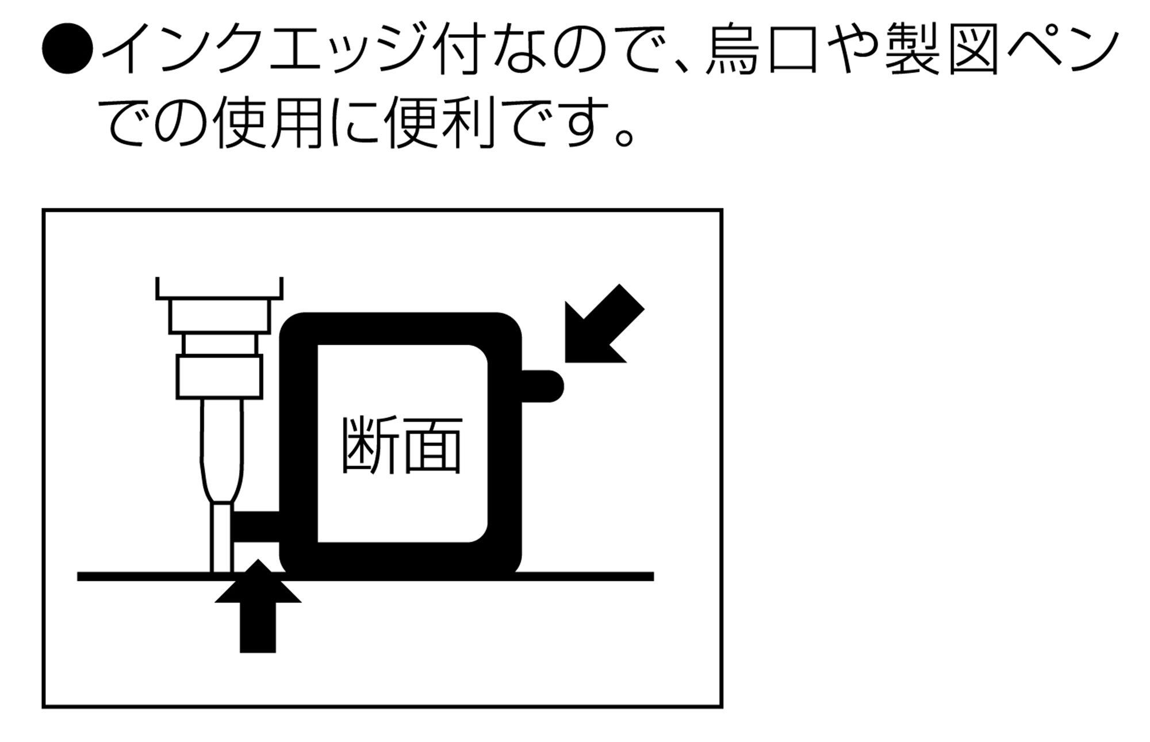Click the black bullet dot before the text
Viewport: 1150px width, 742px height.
point(67,49)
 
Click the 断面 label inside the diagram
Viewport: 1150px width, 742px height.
point(402,445)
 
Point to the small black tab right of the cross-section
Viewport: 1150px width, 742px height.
point(543,386)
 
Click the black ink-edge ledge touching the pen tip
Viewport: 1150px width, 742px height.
point(256,525)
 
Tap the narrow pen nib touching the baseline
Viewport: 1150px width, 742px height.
point(221,538)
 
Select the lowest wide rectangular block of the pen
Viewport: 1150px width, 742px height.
point(220,377)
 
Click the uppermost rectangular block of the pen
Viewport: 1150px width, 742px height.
point(220,316)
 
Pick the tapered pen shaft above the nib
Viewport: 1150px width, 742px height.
point(221,452)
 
